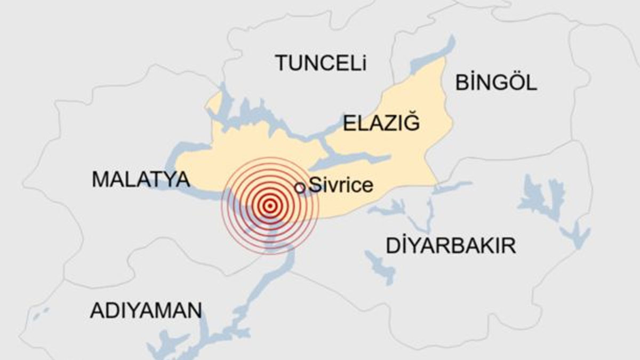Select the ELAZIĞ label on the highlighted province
[x=381, y=123]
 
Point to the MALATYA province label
[x=141, y=179]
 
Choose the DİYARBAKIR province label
[x=451, y=246]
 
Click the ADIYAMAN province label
[x=146, y=310]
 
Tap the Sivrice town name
[x=341, y=186]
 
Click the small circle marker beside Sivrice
[x=300, y=187]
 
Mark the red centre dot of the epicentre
[x=270, y=205]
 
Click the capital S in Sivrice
[x=315, y=186]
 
